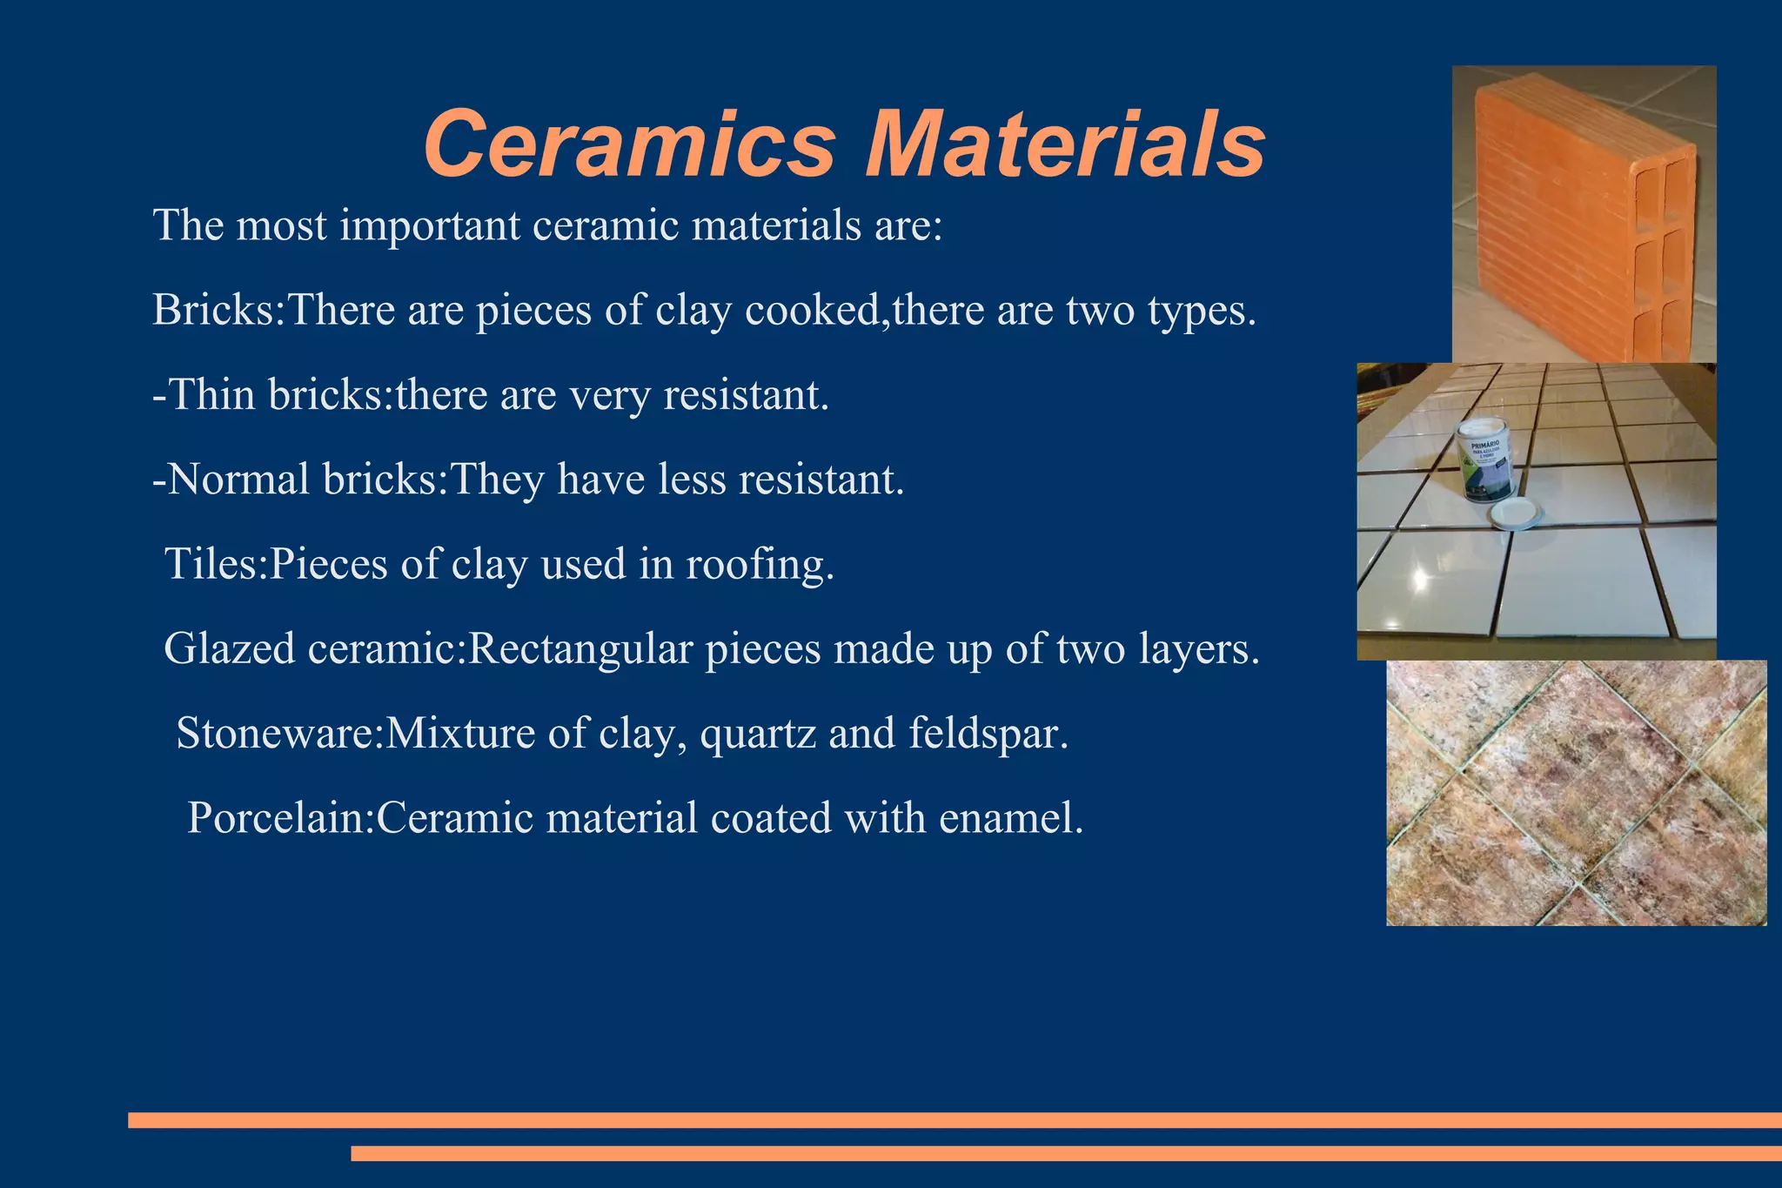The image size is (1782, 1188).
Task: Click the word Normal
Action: coord(238,479)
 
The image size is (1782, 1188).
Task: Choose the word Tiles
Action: coord(213,563)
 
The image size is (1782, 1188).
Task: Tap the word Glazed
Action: coord(229,648)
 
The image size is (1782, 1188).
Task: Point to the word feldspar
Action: coord(988,733)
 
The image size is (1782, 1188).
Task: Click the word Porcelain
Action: coord(279,817)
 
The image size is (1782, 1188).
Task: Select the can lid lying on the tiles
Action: coord(1516,515)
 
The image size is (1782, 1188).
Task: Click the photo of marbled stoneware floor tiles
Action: coord(1576,792)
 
